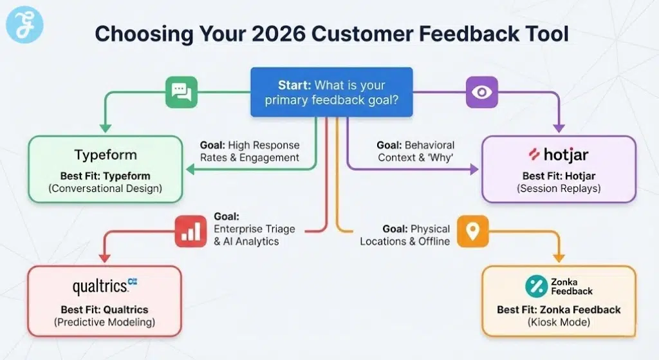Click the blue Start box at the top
point(331,92)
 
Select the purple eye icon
point(480,92)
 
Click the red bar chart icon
point(190,232)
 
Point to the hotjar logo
point(558,155)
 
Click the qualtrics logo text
point(101,285)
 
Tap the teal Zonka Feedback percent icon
point(535,286)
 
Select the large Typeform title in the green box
point(105,155)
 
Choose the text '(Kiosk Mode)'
point(558,322)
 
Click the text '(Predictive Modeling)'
point(105,322)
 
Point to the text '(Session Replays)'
point(558,189)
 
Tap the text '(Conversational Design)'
point(105,189)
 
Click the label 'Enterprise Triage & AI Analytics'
point(246,229)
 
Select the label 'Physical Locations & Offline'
point(405,235)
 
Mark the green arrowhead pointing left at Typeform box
point(190,169)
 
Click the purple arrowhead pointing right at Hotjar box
point(474,169)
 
